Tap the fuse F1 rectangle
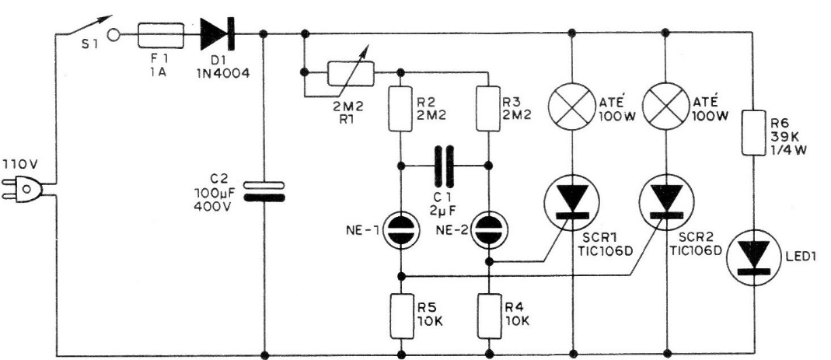161,34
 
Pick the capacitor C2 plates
265,190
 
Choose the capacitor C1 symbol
445,166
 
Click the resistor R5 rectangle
400,313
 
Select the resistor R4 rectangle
488,313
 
